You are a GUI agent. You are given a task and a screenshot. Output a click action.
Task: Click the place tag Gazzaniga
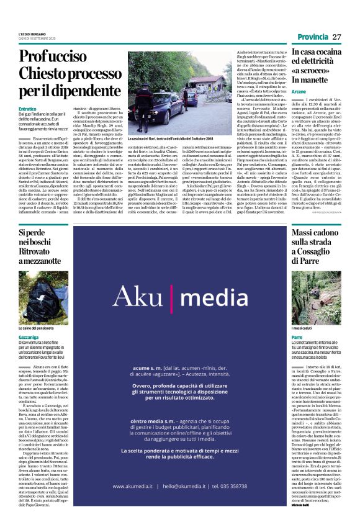29,337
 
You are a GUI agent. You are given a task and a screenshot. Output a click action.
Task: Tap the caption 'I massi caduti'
302,328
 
